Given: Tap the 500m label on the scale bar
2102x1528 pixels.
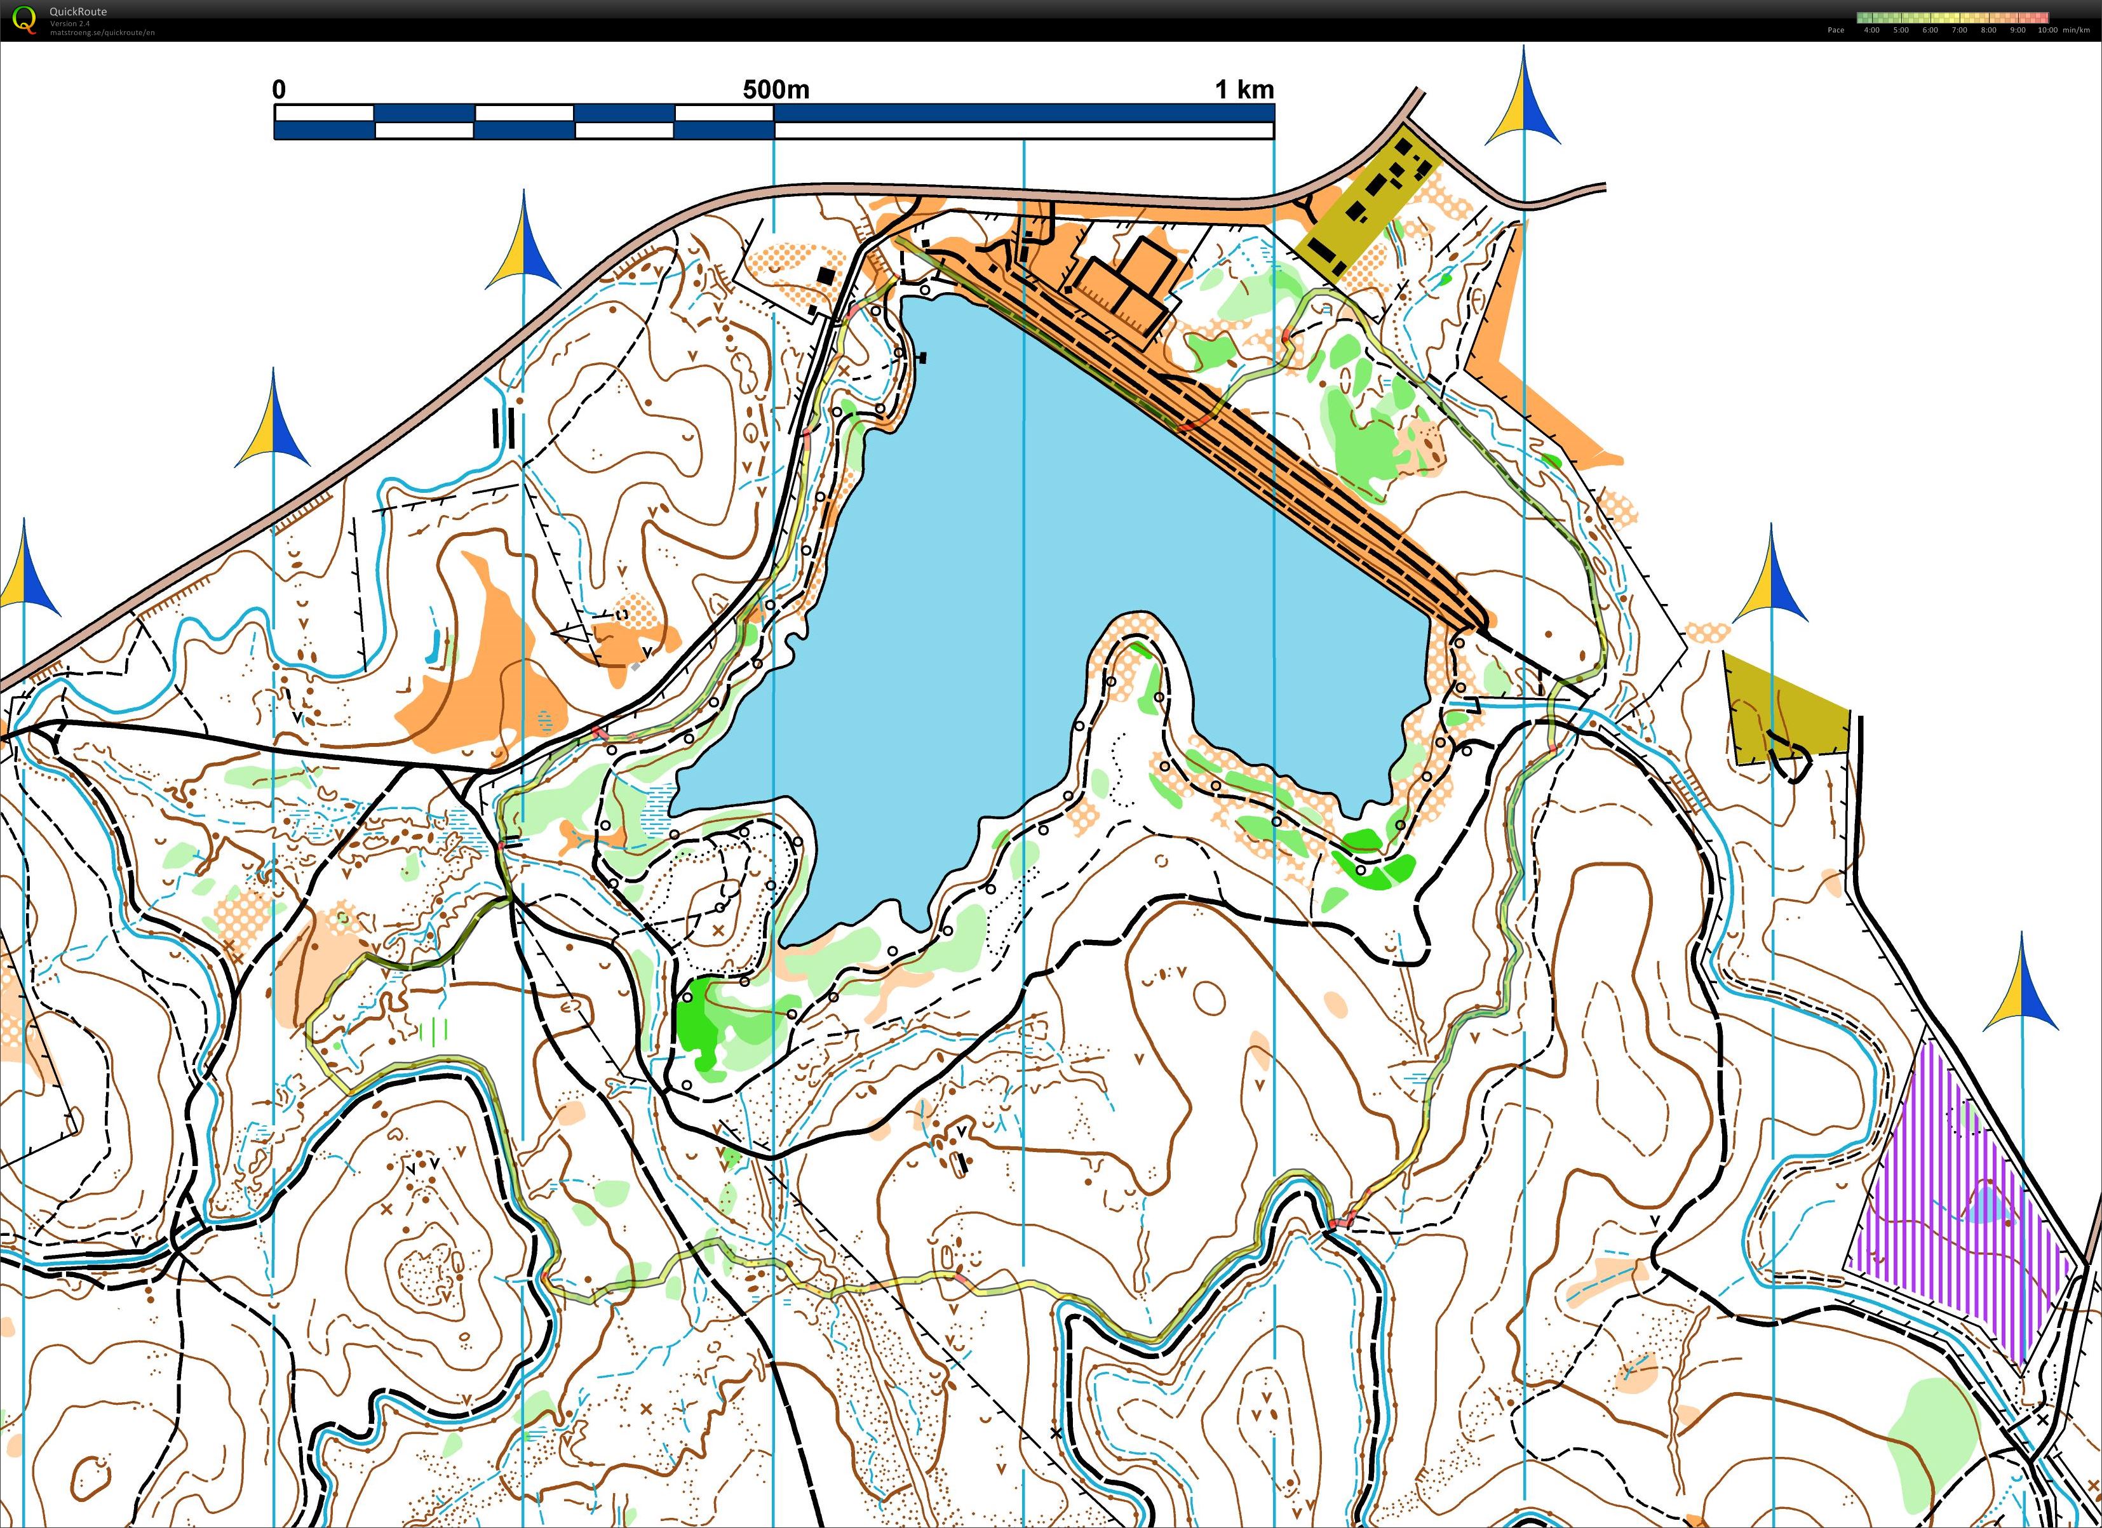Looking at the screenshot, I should click(776, 90).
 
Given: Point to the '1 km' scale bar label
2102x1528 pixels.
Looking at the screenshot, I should click(1244, 90).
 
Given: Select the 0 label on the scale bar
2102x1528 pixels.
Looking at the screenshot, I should click(279, 90).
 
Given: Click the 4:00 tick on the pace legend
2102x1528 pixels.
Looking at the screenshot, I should click(1871, 30).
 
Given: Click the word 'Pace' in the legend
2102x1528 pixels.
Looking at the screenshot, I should click(1835, 30).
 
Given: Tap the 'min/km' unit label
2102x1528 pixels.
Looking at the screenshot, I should click(2076, 30).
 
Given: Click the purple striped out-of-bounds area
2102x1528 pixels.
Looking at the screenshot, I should click(1955, 1205).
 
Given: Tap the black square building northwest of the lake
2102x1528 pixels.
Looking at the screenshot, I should click(825, 275).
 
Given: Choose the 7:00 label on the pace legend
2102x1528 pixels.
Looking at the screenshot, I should click(1959, 30).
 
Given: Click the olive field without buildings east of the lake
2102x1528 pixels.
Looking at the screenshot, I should click(1779, 709).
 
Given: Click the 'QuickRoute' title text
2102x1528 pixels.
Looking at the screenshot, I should click(78, 11).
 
